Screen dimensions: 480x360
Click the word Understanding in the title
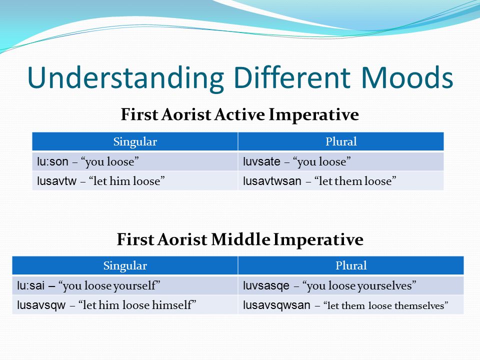pyautogui.click(x=125, y=78)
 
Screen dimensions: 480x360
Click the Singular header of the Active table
pyautogui.click(x=135, y=142)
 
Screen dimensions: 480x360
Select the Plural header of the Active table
pyautogui.click(x=341, y=141)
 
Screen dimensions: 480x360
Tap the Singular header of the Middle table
pyautogui.click(x=125, y=266)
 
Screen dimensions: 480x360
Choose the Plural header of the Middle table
pyautogui.click(x=351, y=265)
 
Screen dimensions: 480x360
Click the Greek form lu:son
pyautogui.click(x=52, y=161)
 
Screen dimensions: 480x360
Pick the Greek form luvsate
pyautogui.click(x=261, y=161)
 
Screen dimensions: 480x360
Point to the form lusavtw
pyautogui.click(x=56, y=181)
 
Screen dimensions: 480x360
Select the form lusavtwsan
pyautogui.click(x=272, y=181)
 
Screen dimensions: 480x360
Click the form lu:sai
pyautogui.click(x=30, y=285)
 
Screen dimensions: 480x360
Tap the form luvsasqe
pyautogui.click(x=266, y=286)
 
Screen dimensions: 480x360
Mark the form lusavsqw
pyautogui.click(x=41, y=305)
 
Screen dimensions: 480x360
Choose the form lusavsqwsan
pyautogui.click(x=276, y=305)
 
